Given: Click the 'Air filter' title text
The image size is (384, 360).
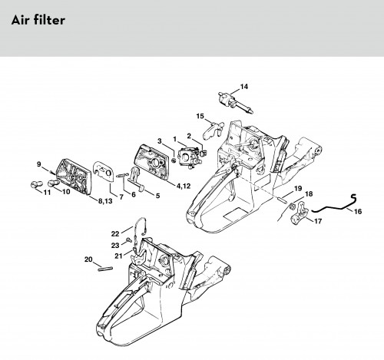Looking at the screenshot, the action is (x=38, y=20).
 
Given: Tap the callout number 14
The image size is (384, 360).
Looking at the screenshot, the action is (x=244, y=87).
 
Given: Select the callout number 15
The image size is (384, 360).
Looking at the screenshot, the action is (x=200, y=116).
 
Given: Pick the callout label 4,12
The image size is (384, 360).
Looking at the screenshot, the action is (x=184, y=186).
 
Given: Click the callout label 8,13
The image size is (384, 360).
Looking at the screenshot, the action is (x=105, y=201).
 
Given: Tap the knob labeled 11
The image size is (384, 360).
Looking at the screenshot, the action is (x=36, y=184).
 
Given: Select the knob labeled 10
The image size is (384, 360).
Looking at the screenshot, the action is (x=54, y=183).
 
